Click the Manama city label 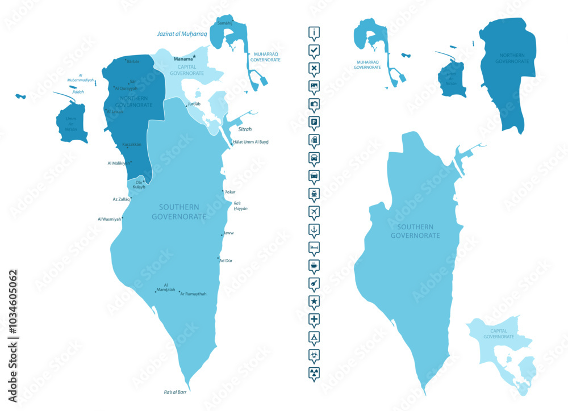(x=183, y=58)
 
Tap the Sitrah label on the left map (x=245, y=129)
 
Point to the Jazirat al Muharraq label (x=182, y=34)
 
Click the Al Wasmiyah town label (x=110, y=219)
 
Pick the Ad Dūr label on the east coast (x=226, y=261)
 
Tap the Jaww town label (x=229, y=233)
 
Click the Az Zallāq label (x=122, y=199)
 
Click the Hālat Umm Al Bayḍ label (x=250, y=142)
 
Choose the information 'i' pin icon (x=314, y=32)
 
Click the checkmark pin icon (x=314, y=51)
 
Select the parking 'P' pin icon (x=314, y=121)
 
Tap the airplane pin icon (x=314, y=211)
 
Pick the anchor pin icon (x=314, y=229)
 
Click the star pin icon (x=314, y=300)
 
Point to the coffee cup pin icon (x=314, y=265)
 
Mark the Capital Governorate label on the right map (x=499, y=334)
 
